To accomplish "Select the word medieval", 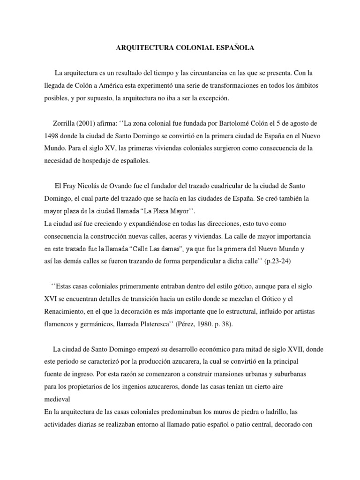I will point(57,399).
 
